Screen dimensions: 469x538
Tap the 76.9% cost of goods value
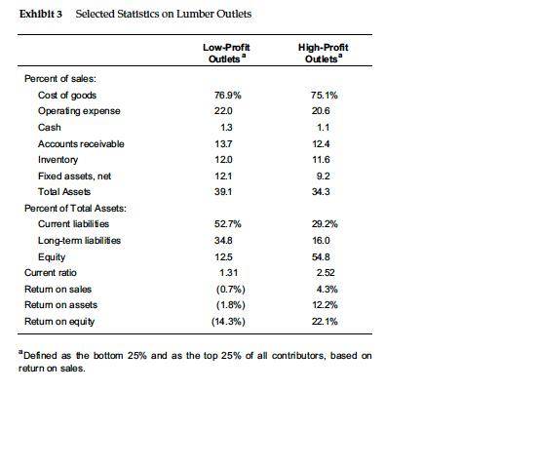[x=226, y=96]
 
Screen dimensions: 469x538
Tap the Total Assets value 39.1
[x=225, y=191]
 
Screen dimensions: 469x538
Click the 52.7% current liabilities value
[x=226, y=224]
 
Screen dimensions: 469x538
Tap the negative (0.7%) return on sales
[x=226, y=289]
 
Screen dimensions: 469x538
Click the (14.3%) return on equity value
[x=226, y=321]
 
